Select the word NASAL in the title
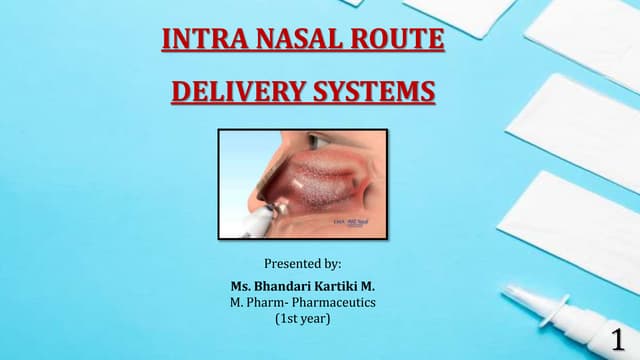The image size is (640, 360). coord(285,42)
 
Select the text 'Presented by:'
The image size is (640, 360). coord(303,264)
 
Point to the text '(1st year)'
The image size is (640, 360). coord(303,320)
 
